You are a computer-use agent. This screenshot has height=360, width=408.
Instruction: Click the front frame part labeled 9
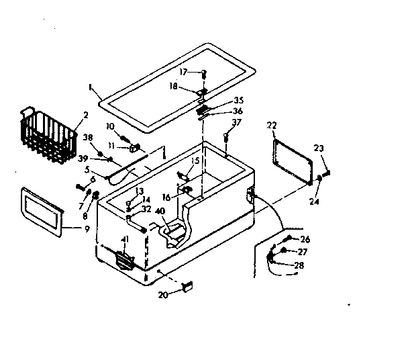point(42,210)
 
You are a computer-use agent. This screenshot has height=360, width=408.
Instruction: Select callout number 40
point(160,211)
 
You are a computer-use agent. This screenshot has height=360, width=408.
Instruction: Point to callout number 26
point(305,239)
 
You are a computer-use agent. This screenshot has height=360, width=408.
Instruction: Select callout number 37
point(236,122)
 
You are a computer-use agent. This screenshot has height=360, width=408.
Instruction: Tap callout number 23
point(319,149)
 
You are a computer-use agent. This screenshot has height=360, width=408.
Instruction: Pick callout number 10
point(110,126)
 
